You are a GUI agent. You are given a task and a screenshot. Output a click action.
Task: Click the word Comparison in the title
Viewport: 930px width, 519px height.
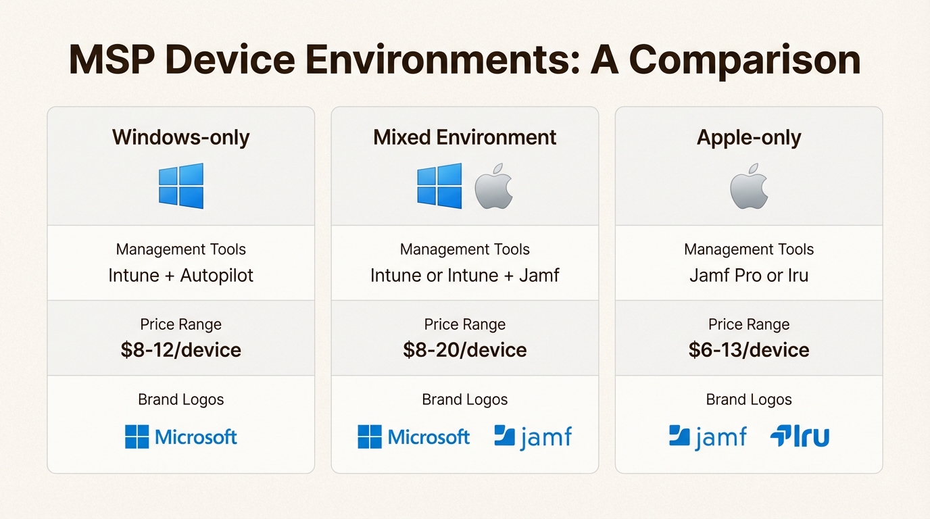point(745,61)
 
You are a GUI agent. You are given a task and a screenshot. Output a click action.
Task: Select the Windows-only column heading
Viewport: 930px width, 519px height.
point(181,138)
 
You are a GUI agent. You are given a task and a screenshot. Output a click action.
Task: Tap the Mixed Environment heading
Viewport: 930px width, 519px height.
point(465,138)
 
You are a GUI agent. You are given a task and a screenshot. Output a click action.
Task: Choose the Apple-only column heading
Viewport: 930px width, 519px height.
point(749,138)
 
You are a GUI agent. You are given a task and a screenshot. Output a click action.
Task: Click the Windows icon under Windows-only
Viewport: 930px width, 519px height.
point(181,186)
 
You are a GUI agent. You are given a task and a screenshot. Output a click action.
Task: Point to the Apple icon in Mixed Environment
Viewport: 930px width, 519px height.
point(494,186)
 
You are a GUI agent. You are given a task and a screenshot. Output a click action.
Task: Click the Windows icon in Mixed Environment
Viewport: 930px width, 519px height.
point(440,186)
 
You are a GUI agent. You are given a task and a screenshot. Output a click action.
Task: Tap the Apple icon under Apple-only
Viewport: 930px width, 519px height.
point(749,186)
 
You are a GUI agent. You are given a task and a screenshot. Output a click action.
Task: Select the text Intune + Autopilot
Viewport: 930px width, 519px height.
point(181,276)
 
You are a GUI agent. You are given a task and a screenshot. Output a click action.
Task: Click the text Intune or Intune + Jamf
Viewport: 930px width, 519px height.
point(465,276)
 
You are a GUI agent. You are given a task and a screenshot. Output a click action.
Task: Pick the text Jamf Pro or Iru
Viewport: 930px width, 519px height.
point(749,276)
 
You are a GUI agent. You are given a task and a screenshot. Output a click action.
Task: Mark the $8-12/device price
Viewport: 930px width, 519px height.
point(181,350)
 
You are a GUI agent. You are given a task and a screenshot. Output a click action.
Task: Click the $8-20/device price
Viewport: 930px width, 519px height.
point(465,350)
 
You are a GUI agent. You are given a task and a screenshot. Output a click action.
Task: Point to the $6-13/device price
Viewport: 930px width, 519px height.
point(749,350)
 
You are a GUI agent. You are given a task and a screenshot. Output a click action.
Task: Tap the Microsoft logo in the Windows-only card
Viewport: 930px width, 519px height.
point(181,437)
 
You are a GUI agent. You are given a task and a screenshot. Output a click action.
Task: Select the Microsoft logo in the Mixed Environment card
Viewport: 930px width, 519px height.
point(414,437)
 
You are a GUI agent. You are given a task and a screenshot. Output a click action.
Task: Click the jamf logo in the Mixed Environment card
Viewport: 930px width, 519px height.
point(533,437)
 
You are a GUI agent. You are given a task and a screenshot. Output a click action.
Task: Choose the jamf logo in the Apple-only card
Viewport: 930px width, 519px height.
point(708,437)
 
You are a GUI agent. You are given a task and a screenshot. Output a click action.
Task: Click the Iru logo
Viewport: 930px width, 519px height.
point(800,437)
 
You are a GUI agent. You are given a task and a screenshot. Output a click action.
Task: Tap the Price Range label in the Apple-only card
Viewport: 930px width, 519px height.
point(749,325)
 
